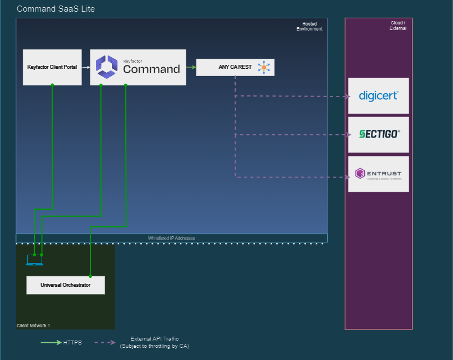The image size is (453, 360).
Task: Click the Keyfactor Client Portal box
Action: click(52, 67)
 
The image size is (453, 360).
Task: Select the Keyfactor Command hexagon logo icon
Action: click(106, 67)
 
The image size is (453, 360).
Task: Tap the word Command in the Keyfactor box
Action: click(151, 69)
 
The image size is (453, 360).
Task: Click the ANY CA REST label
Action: click(235, 67)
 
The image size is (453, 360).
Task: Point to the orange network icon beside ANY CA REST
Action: click(263, 67)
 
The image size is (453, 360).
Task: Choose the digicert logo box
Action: click(378, 96)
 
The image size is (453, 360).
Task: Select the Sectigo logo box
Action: click(378, 134)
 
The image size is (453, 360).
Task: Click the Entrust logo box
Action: click(378, 174)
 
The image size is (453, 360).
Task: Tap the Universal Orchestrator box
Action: click(65, 285)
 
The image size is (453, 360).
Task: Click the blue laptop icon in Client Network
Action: click(34, 260)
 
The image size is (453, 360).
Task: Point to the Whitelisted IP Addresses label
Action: click(171, 238)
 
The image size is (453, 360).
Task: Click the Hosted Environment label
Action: click(309, 27)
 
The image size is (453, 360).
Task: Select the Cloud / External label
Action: click(398, 26)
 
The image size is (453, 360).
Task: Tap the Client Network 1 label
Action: click(33, 326)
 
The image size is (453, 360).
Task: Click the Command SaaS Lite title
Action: click(55, 9)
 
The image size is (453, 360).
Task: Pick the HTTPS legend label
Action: click(72, 343)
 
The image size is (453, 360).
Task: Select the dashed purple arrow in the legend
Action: click(104, 343)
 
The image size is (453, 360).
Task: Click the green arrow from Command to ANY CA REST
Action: click(191, 67)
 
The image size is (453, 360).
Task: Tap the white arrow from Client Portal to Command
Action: click(86, 67)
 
